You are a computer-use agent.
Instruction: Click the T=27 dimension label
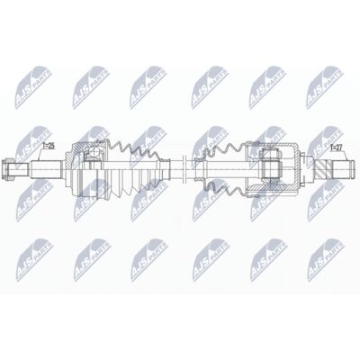point(336,145)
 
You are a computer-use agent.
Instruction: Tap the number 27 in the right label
point(339,145)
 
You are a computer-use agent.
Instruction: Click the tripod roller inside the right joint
point(271,166)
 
